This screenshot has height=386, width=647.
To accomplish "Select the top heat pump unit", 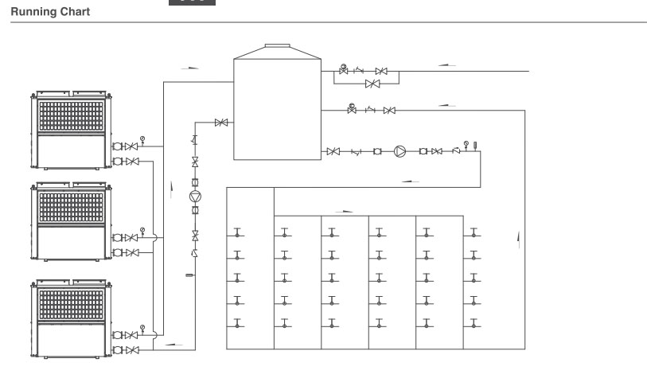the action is [x=71, y=130].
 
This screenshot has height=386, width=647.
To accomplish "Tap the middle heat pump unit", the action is [x=71, y=221].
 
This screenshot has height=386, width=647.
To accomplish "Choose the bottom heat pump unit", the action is [x=71, y=318].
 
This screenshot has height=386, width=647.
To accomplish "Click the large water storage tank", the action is [x=277, y=109].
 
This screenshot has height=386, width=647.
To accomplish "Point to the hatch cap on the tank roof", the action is [x=277, y=46].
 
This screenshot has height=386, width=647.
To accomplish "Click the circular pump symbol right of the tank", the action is [x=400, y=151].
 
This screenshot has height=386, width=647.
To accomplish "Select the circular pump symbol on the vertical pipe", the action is [x=195, y=197].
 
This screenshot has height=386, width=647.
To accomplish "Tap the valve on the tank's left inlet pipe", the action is [x=221, y=123].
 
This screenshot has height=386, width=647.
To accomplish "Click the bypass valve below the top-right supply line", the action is [x=372, y=84].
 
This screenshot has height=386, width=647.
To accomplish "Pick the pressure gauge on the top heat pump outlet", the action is [x=142, y=139].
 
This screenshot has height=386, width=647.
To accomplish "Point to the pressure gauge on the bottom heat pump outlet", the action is [x=142, y=329].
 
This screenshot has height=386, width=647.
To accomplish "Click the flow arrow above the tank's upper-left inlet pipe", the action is [x=190, y=68].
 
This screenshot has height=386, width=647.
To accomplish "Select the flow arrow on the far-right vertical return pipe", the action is [x=519, y=240].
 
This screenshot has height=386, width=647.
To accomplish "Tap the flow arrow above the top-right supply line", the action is [x=447, y=64].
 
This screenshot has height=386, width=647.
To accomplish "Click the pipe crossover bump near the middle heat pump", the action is [x=155, y=237].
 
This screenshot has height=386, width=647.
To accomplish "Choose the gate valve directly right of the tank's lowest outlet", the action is [x=333, y=151].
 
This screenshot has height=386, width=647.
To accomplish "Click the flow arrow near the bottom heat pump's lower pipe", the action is [x=173, y=344].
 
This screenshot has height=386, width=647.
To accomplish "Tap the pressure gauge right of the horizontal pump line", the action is [x=466, y=145].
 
